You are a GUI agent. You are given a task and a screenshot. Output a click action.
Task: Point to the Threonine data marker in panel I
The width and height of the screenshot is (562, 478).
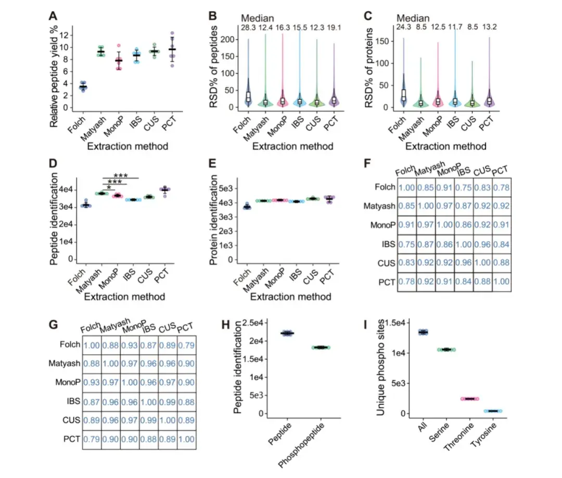(x=469, y=399)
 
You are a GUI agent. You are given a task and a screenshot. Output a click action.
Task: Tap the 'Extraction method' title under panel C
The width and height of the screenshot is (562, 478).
(x=445, y=147)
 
